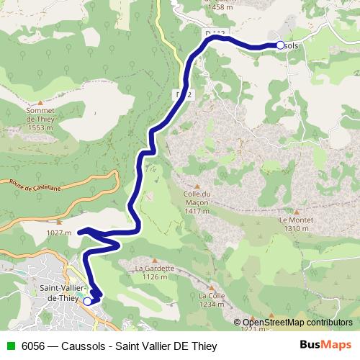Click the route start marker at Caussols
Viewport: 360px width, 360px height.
[x=280, y=45]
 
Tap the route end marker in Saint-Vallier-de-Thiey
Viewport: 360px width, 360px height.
[x=88, y=301]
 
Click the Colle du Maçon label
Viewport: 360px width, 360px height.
[x=196, y=202]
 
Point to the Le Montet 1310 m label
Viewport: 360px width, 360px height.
[x=295, y=224]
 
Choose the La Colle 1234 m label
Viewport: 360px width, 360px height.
[x=212, y=300]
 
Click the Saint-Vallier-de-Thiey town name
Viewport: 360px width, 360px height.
[x=63, y=292]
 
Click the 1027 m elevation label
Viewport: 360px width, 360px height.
[x=58, y=233]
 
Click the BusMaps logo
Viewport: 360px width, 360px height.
[x=325, y=345]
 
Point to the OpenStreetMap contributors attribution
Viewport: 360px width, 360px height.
[x=297, y=323]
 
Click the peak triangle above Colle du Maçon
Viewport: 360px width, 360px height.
[x=196, y=184]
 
